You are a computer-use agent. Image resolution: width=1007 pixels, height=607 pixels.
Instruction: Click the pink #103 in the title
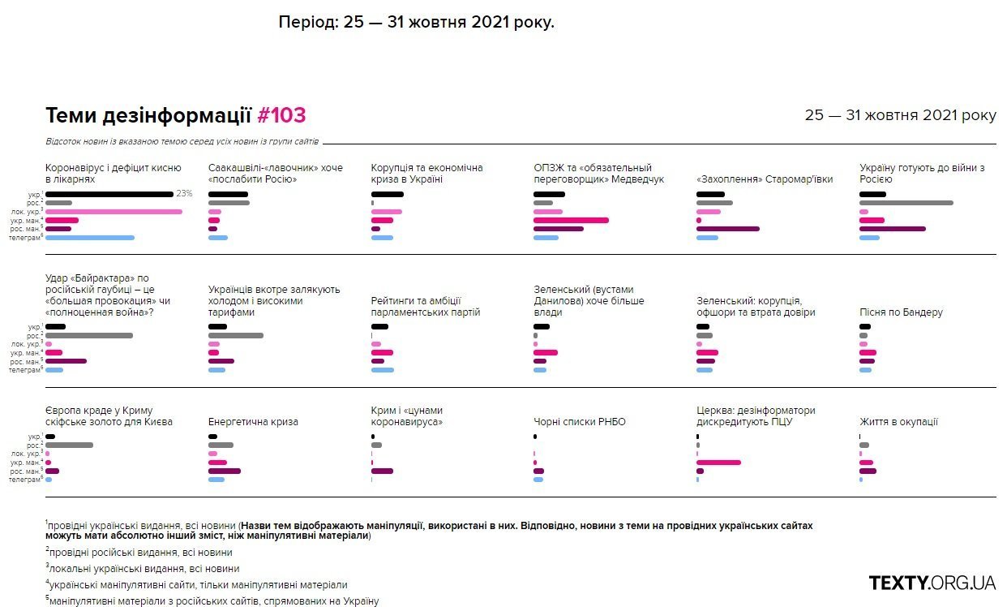(281, 116)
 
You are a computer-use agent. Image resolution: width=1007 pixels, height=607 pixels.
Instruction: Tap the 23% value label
(184, 194)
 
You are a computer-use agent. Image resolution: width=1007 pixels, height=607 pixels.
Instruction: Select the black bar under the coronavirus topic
(109, 195)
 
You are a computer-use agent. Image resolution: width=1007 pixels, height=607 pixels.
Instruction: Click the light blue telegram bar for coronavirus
(90, 238)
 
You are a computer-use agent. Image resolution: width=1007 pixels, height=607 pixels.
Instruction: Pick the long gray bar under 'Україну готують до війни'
(906, 203)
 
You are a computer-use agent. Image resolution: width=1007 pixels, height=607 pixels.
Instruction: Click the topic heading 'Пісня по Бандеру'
(901, 312)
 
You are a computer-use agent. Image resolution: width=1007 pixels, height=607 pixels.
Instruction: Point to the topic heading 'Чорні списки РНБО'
(580, 422)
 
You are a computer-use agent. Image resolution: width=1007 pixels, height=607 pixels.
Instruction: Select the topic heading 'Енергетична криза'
(253, 422)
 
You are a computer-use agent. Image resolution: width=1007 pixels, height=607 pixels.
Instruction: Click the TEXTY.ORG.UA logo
(932, 583)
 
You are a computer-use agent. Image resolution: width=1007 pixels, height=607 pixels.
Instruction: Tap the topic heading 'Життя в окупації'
(898, 422)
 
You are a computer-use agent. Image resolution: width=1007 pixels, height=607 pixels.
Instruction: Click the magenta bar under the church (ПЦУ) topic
(718, 463)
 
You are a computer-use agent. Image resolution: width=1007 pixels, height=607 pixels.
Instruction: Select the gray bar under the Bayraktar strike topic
(89, 335)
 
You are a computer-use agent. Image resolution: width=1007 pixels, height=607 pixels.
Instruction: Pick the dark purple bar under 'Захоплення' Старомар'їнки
(728, 229)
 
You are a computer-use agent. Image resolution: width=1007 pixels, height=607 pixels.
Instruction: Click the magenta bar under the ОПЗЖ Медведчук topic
(571, 220)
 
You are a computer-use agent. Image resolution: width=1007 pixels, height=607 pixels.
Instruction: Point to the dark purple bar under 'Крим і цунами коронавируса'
(382, 471)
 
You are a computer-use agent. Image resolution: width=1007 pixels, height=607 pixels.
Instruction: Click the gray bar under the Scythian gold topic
(69, 445)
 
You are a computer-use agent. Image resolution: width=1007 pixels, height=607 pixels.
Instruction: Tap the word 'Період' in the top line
(306, 22)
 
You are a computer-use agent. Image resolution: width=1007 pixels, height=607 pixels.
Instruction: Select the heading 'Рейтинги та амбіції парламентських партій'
(426, 307)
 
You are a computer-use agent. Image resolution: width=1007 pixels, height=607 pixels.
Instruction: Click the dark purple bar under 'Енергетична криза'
(225, 471)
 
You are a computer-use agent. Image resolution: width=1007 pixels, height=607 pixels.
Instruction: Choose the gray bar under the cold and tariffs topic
(236, 335)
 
